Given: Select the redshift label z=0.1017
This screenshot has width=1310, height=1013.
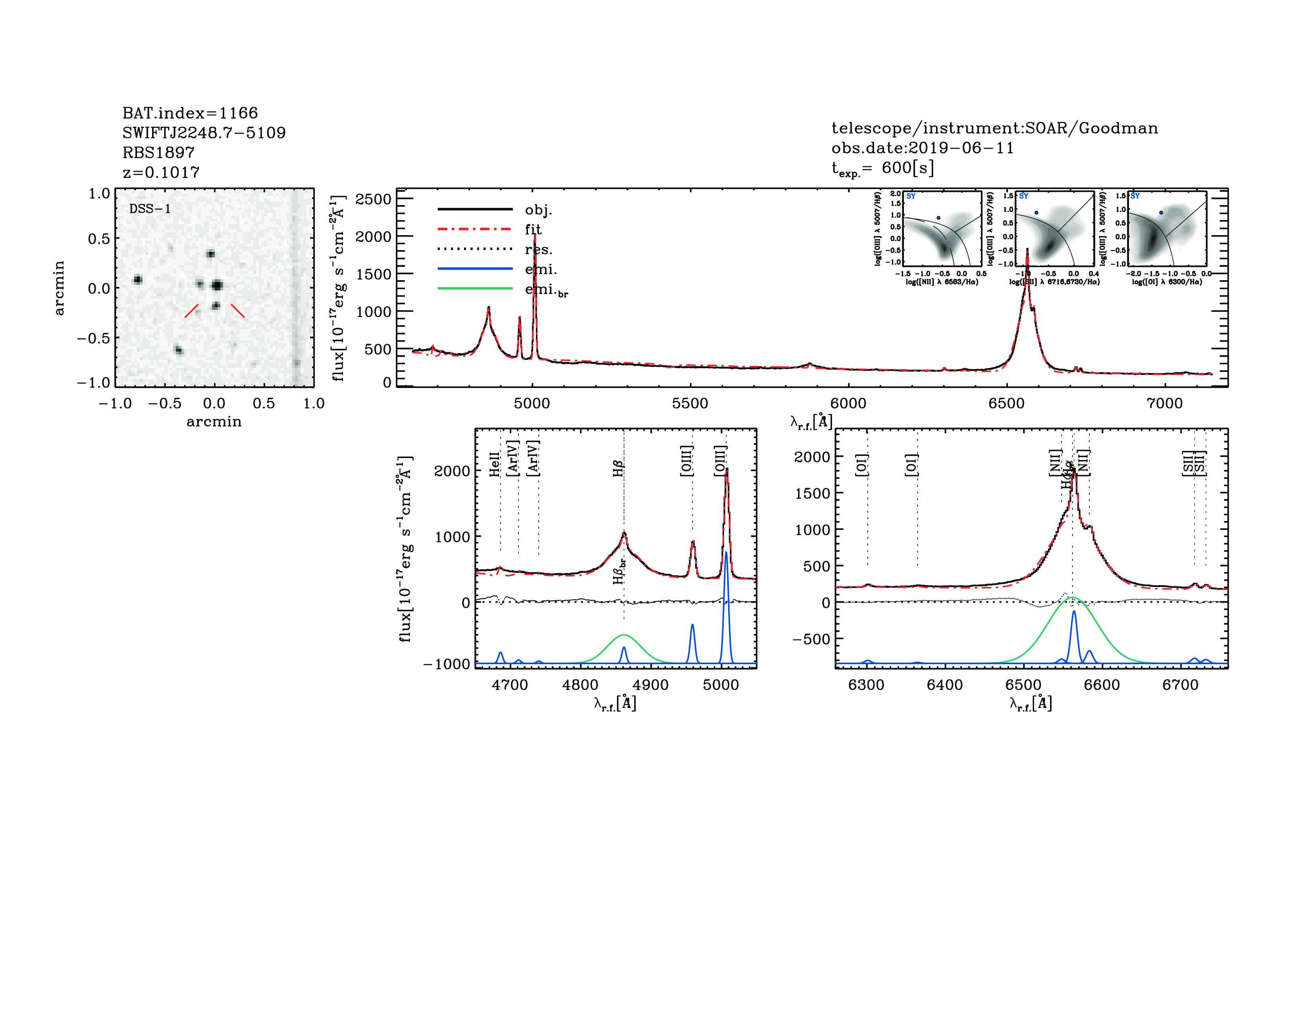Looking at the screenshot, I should coord(161,172).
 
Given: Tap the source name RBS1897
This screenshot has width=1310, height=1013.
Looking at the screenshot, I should coord(158,153).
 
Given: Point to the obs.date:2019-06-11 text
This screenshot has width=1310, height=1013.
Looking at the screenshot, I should coord(922,148).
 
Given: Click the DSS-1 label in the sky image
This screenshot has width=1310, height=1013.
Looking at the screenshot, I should coord(150,209).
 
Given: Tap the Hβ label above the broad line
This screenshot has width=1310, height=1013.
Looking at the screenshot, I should coord(618,468).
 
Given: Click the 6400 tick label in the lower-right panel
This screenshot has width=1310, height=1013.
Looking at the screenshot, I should coord(945,685).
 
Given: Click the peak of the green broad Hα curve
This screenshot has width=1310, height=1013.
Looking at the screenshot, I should coord(1073,598).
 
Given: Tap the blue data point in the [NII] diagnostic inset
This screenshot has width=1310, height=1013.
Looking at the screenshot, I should coord(939,218).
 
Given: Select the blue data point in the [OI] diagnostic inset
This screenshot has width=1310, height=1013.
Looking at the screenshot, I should coord(1161,213).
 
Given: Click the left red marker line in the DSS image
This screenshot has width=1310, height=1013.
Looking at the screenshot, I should coord(191,310).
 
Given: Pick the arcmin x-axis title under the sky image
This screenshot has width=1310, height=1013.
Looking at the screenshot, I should coord(214,422).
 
